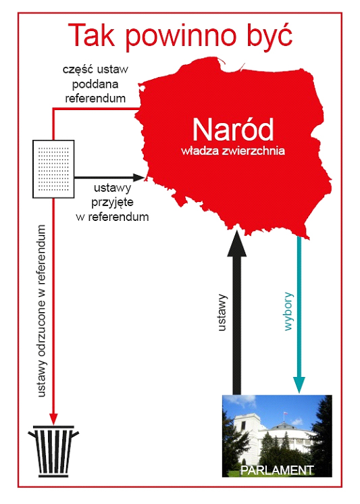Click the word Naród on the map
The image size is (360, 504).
(233, 129)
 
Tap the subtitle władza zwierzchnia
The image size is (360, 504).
(233, 151)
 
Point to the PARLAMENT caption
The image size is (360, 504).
(277, 470)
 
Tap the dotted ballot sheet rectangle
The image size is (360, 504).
(53, 169)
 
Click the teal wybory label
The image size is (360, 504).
(288, 311)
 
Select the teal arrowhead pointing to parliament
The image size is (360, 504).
(299, 384)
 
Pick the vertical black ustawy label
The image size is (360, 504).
(222, 312)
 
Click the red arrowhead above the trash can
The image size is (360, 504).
(53, 418)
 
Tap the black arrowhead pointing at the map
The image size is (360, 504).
(138, 177)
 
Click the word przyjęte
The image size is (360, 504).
(112, 203)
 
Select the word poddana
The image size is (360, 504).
(95, 84)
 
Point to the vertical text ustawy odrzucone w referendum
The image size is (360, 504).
(41, 311)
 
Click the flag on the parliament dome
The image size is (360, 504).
(285, 413)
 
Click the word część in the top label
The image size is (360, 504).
(78, 70)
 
